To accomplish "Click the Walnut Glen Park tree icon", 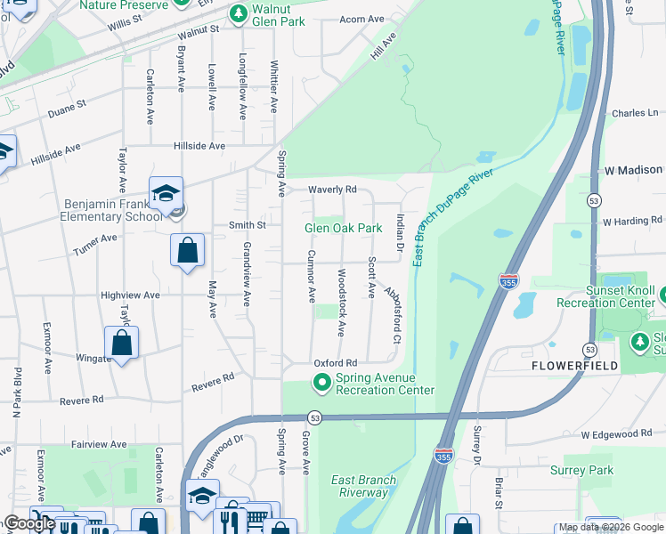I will tap(238, 13).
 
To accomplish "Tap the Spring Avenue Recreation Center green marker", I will tap(322, 384).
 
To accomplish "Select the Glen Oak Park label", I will tap(344, 228).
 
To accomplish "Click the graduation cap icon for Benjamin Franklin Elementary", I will tap(166, 193).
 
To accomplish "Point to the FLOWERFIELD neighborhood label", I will tap(575, 366).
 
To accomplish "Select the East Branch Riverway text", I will tap(363, 486).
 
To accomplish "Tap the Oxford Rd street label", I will tap(335, 363).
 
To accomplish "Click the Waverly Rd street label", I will tap(332, 190).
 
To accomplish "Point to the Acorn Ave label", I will tap(362, 20).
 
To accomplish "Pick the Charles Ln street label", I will tap(634, 114).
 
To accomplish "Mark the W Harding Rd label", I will tap(633, 222).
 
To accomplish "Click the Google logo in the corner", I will tap(29, 523).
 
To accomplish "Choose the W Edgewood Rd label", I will tap(616, 433).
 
